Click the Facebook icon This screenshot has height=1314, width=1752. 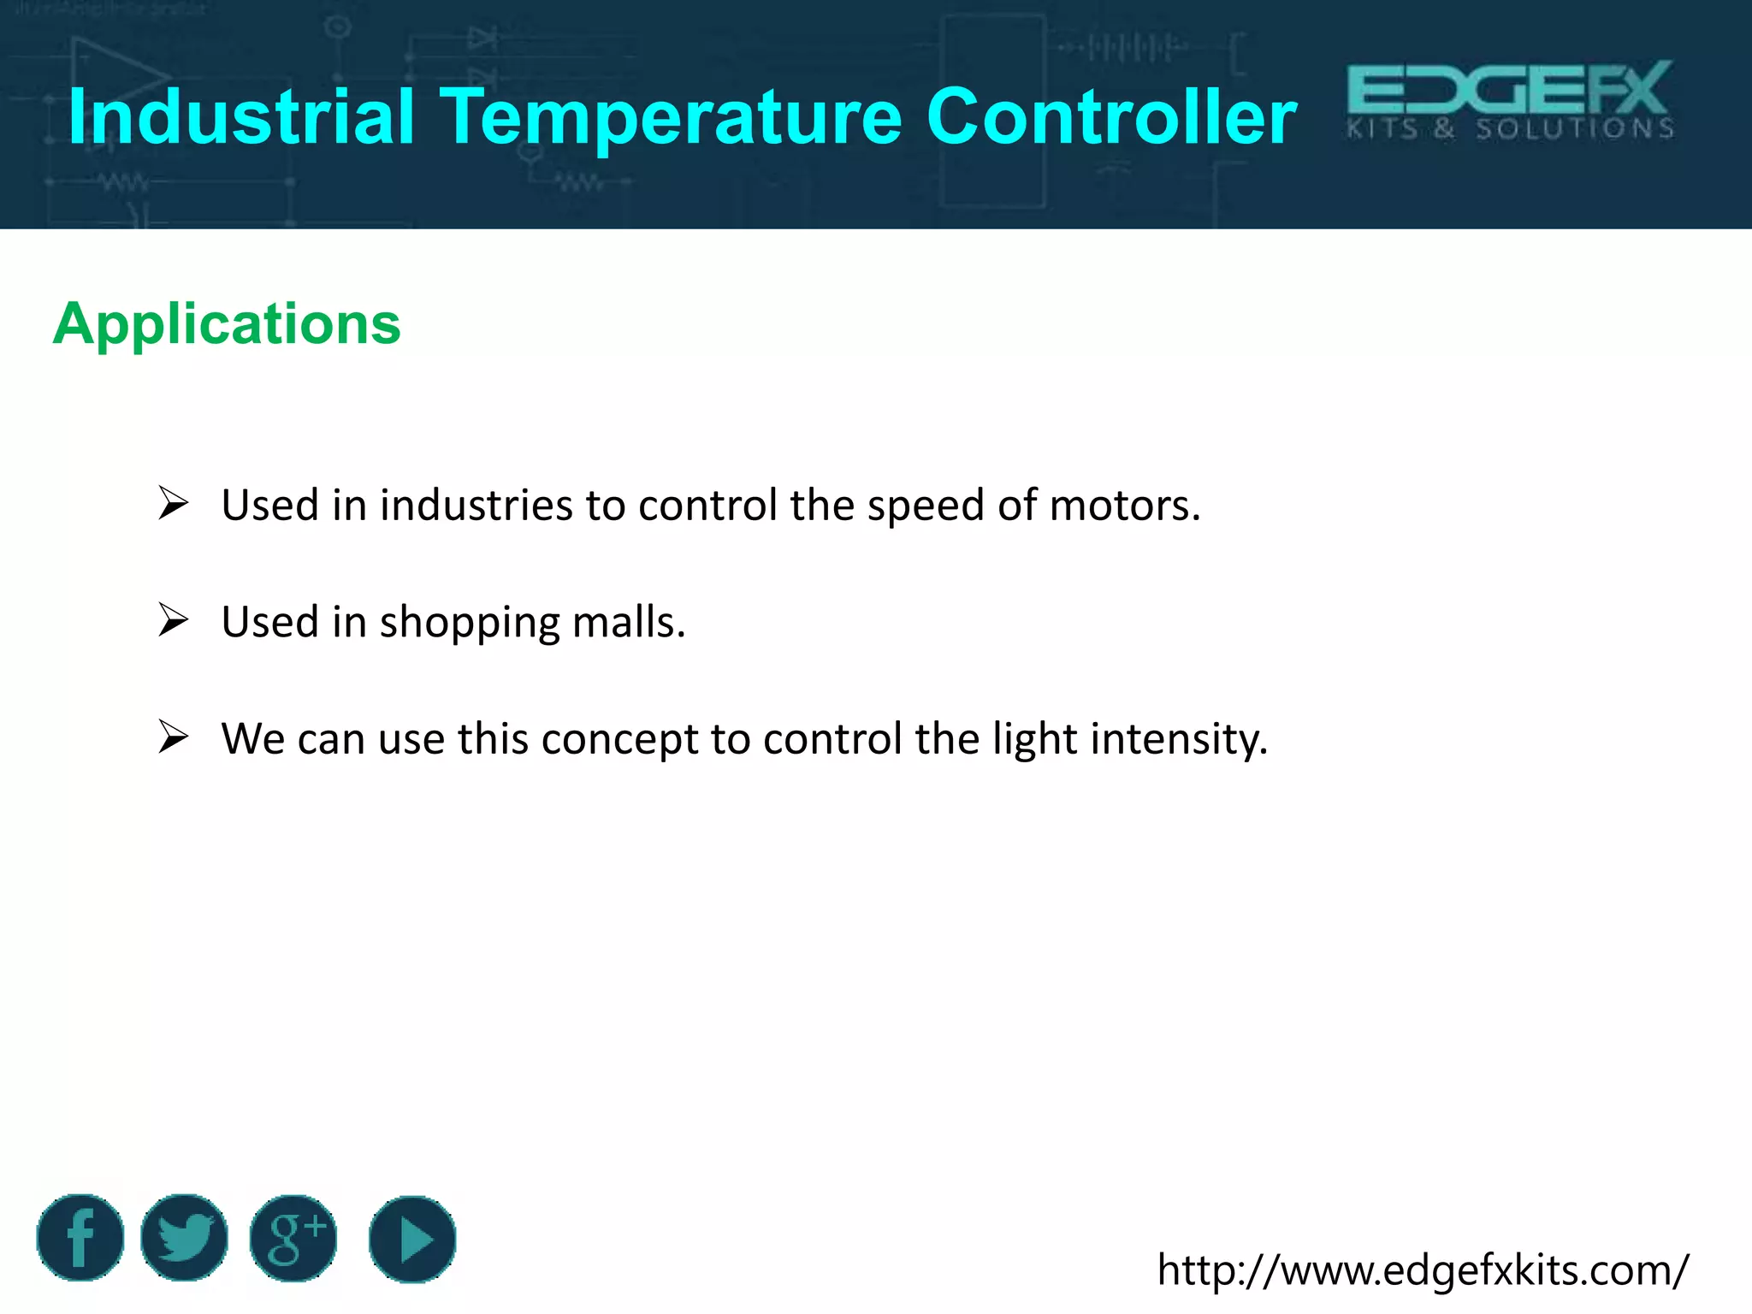coord(80,1238)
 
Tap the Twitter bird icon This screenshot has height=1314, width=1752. coord(184,1238)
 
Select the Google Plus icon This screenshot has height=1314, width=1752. coord(293,1238)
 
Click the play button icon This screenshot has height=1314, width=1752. coord(412,1239)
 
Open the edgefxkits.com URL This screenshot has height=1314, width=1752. coord(1423,1270)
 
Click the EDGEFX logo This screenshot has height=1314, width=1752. coord(1511,100)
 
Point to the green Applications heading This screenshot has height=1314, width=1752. coord(227,324)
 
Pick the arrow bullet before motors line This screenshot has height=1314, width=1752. coord(173,503)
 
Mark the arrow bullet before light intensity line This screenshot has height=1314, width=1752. coord(173,737)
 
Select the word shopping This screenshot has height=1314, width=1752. coord(470,623)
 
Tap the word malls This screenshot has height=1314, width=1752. coord(629,622)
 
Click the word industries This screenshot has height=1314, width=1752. coord(476,506)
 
